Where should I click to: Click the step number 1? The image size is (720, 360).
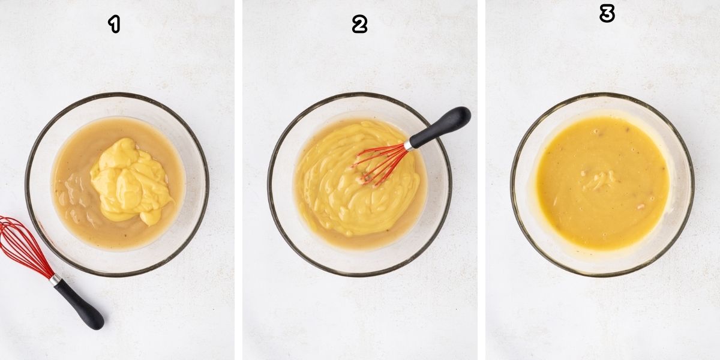[114, 25]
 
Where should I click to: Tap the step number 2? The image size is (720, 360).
[359, 25]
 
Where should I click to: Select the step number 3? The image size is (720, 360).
[607, 14]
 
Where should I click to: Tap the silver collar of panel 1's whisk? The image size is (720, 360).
[55, 280]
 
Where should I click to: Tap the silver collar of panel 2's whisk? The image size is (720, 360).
[409, 145]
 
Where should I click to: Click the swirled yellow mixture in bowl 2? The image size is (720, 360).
[336, 192]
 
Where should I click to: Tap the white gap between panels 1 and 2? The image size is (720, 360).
[238, 180]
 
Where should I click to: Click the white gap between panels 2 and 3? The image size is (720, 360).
[482, 180]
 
